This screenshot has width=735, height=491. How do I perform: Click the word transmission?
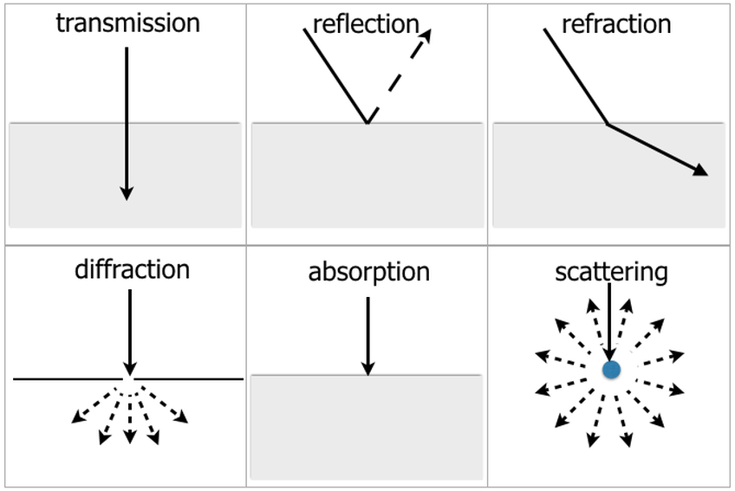(x=127, y=23)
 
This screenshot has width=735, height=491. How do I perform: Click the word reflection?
(x=366, y=23)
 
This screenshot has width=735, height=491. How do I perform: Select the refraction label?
(x=616, y=23)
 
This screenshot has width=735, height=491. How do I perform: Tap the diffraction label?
(x=132, y=269)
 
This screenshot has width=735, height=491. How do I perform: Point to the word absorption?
(x=368, y=272)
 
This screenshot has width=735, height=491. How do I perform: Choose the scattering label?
(x=611, y=272)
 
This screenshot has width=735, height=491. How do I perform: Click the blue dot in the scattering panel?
(x=611, y=370)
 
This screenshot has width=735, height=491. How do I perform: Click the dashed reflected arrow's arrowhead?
(x=426, y=34)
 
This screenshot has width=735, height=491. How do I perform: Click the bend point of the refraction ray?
(x=608, y=125)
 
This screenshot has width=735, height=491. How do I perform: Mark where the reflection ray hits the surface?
(x=367, y=123)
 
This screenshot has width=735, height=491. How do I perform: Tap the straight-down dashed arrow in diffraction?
(x=129, y=420)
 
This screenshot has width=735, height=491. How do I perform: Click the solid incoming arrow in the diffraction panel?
(x=129, y=329)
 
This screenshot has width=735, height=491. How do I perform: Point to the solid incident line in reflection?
(x=335, y=74)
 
